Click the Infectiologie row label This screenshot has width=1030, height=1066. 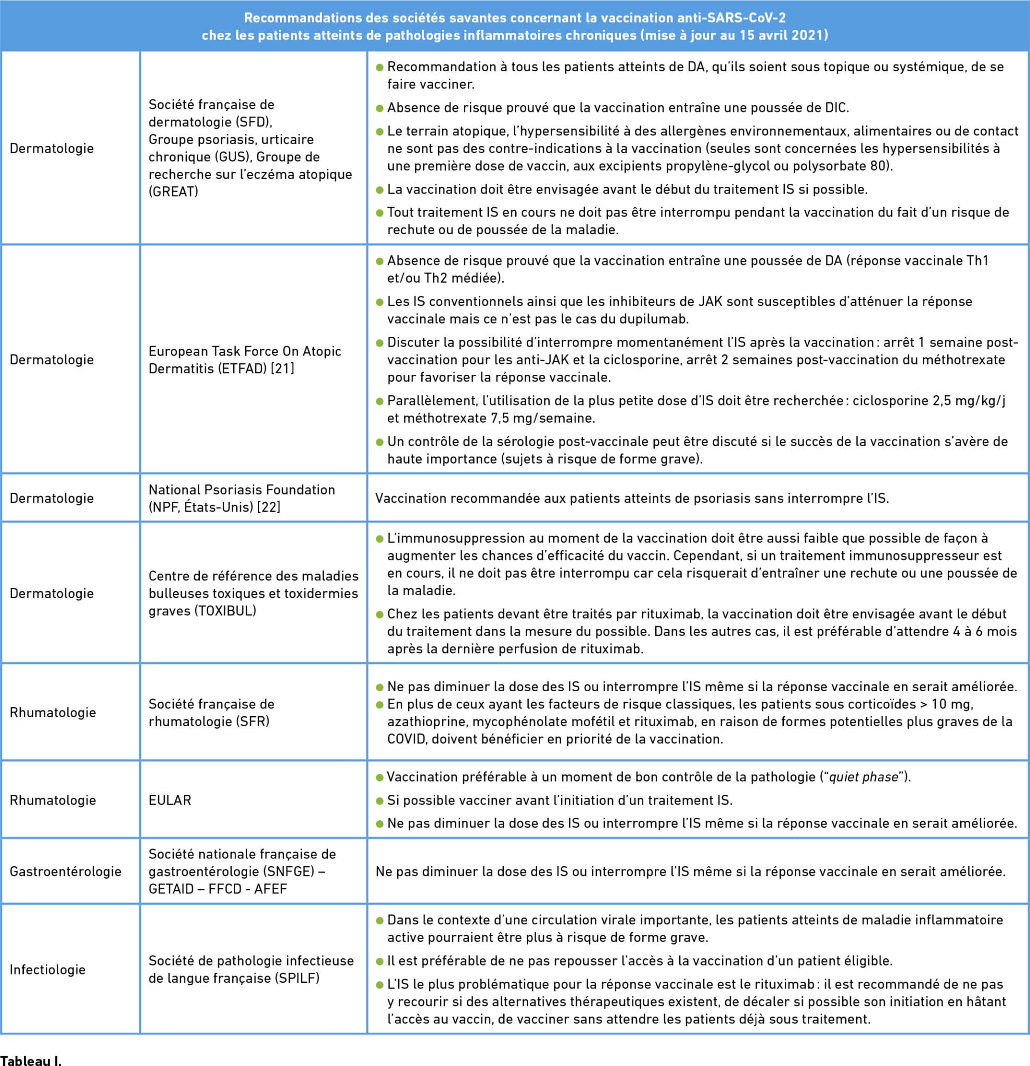point(48,969)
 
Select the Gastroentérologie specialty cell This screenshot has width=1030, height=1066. point(65,871)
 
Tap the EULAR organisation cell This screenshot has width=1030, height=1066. point(170,800)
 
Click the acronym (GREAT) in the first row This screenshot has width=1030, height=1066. point(173,192)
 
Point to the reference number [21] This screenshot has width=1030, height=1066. point(283,368)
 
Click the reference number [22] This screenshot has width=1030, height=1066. point(269,507)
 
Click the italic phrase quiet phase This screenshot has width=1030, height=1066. point(864,777)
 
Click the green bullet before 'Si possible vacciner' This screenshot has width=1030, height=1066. point(379,801)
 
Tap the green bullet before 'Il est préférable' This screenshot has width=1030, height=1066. point(379,961)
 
